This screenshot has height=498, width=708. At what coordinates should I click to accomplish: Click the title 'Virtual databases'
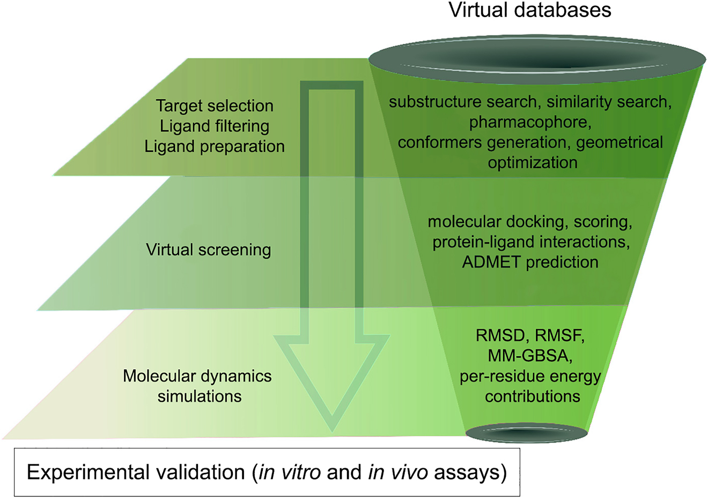coord(529,10)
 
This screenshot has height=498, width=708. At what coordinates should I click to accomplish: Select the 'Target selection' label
coord(215,106)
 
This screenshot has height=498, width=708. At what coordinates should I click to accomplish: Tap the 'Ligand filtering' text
coord(215,126)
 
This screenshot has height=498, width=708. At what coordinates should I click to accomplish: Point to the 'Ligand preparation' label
coord(215,147)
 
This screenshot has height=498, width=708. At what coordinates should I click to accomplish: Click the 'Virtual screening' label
coord(208,250)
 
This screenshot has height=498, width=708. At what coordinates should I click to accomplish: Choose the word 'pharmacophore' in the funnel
coord(529,122)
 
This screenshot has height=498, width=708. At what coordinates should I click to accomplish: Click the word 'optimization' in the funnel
coord(532,163)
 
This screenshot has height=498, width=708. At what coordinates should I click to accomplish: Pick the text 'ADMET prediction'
coord(530,262)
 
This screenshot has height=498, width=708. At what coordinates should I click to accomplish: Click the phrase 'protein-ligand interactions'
coord(530,242)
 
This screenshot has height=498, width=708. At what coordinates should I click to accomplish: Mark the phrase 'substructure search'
coord(462,102)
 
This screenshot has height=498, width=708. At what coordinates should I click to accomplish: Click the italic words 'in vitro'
coord(290,472)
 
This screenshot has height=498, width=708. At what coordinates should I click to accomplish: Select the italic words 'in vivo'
coord(397,472)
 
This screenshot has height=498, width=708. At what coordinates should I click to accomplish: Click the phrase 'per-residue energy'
coord(529,376)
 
